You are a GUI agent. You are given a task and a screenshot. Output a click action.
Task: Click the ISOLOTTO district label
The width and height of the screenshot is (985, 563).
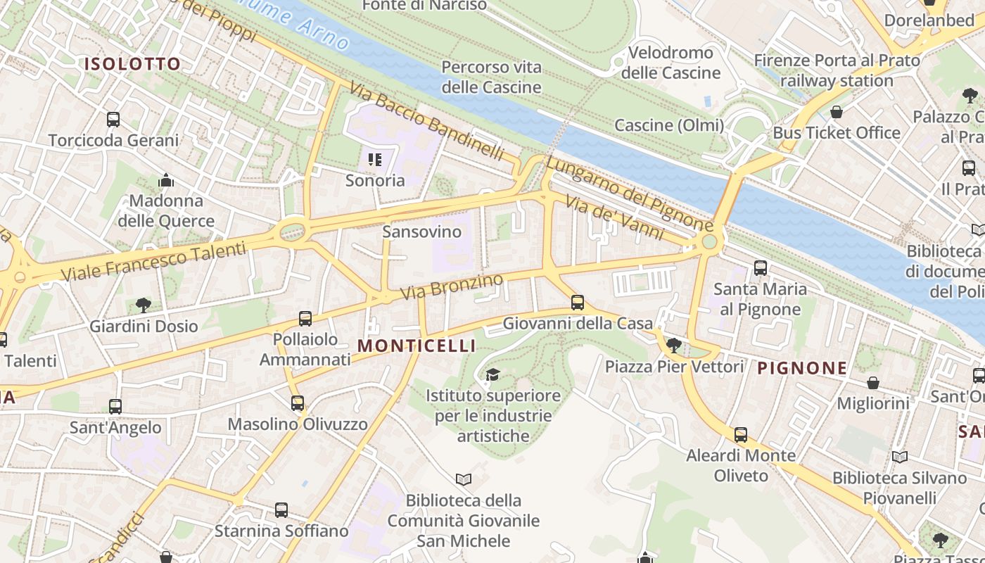[x=133, y=64]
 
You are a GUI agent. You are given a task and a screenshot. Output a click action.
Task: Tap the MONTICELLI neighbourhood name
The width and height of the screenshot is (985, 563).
[x=417, y=346]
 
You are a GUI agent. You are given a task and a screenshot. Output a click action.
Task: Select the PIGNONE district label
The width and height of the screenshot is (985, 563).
[x=802, y=368]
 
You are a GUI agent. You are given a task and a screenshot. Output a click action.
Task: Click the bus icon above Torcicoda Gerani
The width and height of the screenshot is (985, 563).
[x=113, y=120]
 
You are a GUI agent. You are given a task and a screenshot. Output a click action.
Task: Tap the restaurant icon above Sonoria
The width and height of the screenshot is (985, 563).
[x=375, y=160]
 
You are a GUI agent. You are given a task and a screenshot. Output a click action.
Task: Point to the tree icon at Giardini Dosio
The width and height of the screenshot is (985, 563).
[x=144, y=305]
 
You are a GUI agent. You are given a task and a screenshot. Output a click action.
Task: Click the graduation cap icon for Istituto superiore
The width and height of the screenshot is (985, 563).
[x=493, y=374]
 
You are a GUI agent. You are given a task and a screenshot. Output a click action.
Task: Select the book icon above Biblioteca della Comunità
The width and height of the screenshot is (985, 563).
[x=463, y=480]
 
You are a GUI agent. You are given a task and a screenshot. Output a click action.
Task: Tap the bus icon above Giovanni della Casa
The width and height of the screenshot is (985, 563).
[x=578, y=303]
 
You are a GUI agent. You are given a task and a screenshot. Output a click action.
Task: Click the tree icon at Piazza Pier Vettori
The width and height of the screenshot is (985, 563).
[x=674, y=345]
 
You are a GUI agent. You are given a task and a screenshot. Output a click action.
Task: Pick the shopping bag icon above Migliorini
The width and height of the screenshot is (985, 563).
[x=873, y=383]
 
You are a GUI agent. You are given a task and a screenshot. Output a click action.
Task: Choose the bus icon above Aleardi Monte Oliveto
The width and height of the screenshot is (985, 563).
[x=741, y=435]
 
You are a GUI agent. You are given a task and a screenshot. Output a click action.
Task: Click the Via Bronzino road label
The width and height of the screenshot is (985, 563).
[x=452, y=286]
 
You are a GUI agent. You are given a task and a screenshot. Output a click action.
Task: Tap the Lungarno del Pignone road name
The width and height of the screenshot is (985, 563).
[x=630, y=194]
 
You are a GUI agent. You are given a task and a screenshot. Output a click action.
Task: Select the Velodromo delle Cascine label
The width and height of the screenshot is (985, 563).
[x=671, y=63]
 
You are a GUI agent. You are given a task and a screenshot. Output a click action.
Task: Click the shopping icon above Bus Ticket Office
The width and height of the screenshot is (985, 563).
[x=837, y=112]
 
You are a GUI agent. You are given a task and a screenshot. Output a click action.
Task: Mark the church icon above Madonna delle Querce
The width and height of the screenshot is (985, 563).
[x=166, y=181]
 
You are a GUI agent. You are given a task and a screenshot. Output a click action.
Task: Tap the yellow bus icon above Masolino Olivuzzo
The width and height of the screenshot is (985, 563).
[x=298, y=403]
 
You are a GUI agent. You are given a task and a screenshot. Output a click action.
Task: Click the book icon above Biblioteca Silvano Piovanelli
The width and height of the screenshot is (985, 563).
[x=900, y=457]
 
